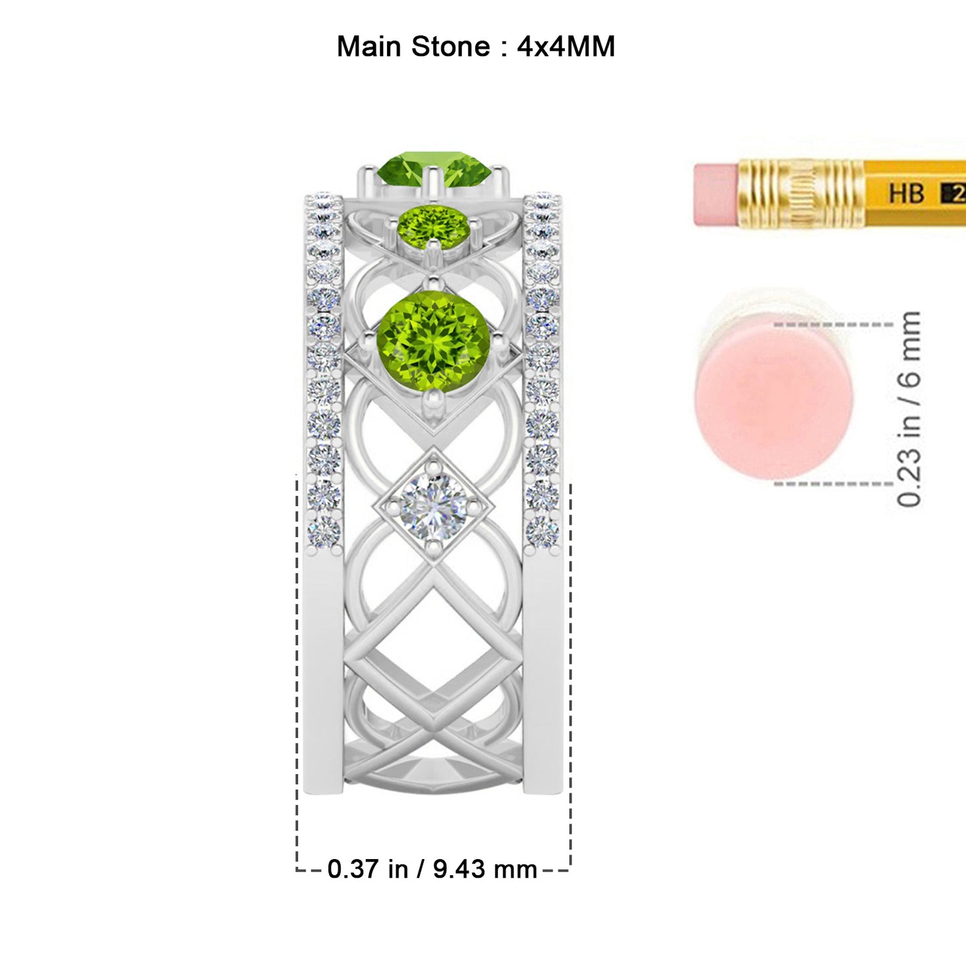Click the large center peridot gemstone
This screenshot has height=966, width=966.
(433, 342)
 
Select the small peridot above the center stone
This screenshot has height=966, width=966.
(434, 227)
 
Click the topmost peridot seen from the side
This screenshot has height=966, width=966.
(435, 168)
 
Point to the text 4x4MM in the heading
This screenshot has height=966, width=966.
(566, 47)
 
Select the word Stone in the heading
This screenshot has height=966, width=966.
(450, 47)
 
